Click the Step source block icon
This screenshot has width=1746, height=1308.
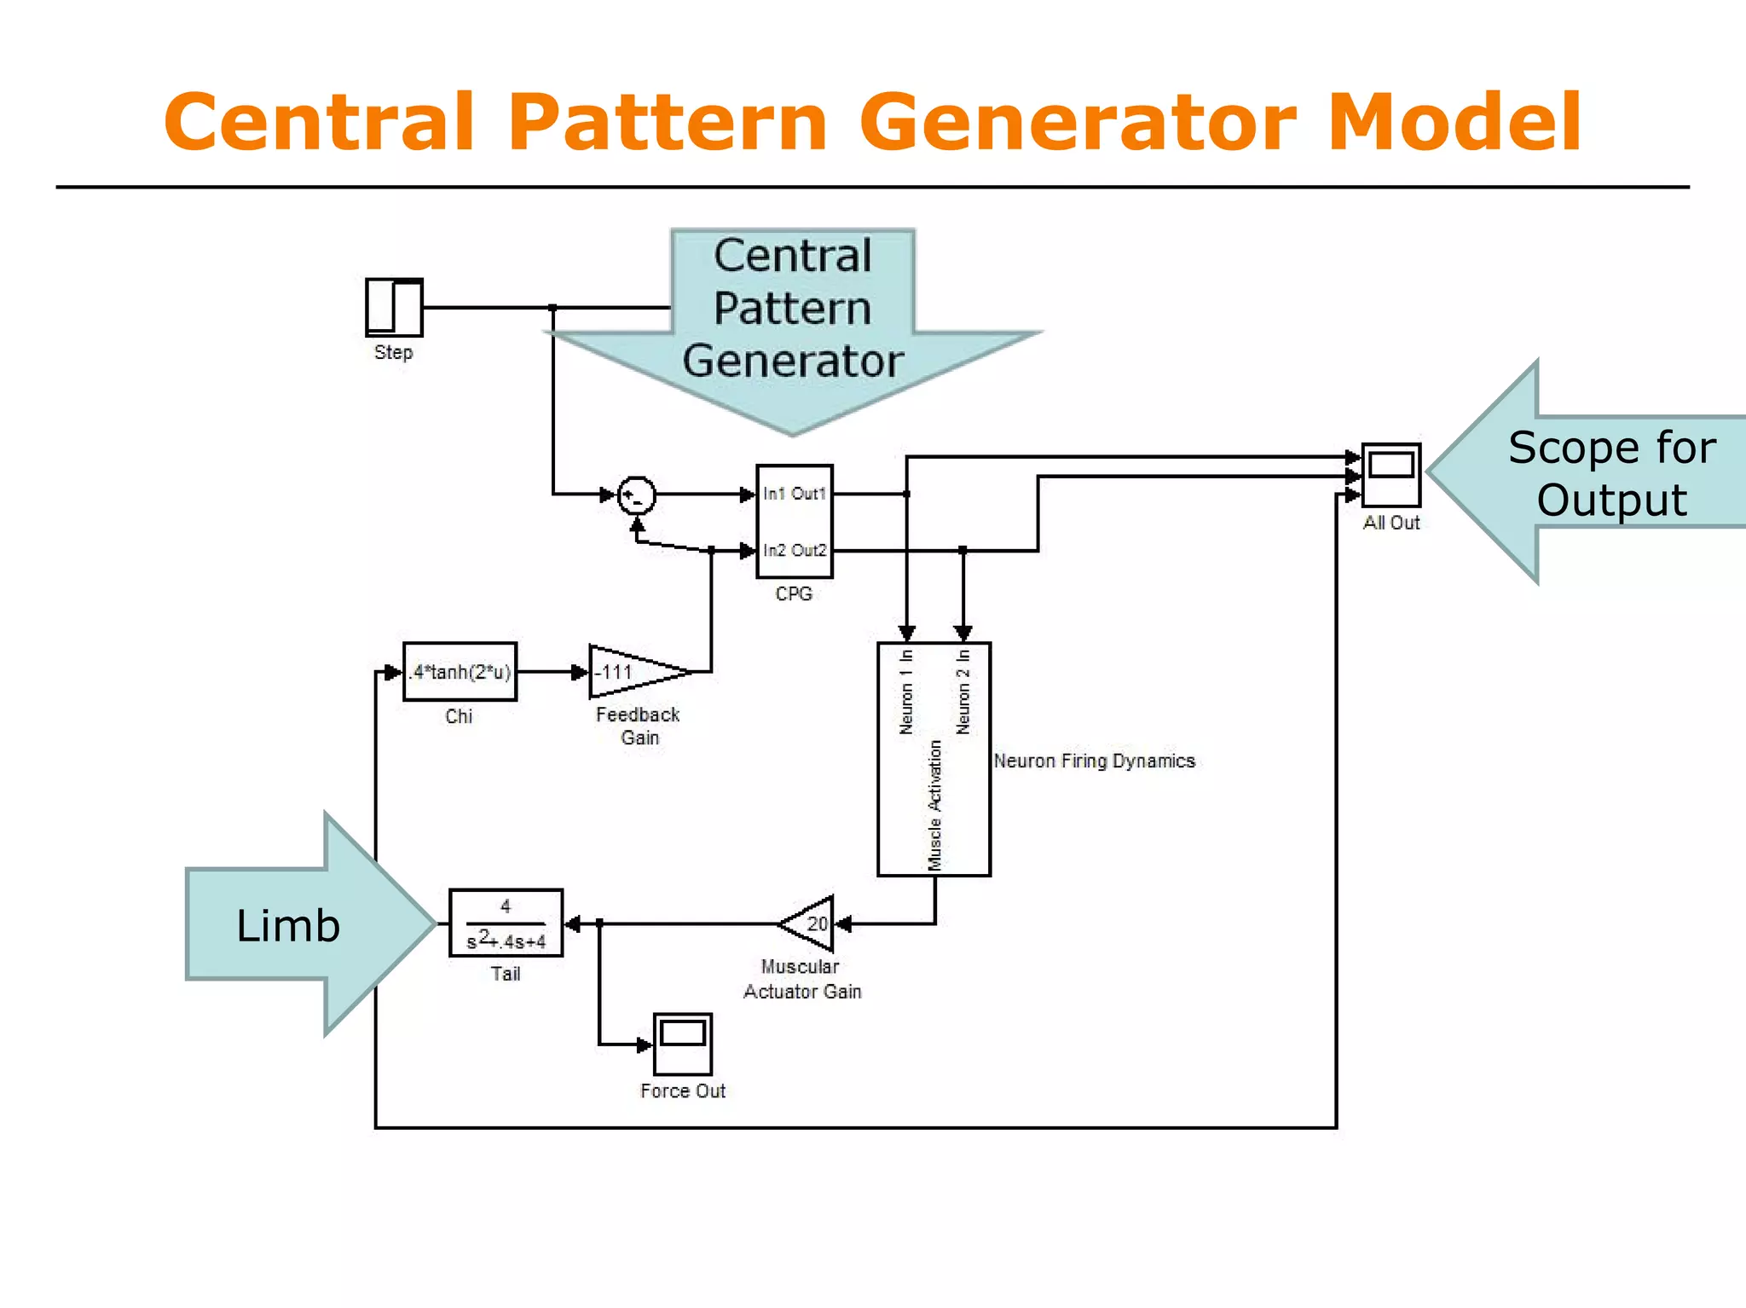click(394, 307)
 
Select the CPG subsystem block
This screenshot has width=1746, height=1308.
click(794, 522)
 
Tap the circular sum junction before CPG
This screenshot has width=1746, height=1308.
click(636, 495)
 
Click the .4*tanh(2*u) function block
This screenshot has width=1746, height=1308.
click(460, 672)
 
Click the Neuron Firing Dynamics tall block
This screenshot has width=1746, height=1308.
click(934, 759)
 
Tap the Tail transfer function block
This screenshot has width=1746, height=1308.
click(506, 923)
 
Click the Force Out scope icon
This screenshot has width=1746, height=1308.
click(683, 1044)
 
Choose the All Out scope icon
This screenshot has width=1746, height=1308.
click(1390, 475)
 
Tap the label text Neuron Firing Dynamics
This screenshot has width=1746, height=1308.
click(1094, 761)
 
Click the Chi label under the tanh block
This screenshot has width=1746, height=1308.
click(459, 716)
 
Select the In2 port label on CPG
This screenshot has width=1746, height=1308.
click(774, 551)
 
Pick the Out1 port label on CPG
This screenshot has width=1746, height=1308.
click(809, 494)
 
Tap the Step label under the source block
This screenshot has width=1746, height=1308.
click(393, 352)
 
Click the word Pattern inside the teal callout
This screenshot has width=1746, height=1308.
click(792, 309)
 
